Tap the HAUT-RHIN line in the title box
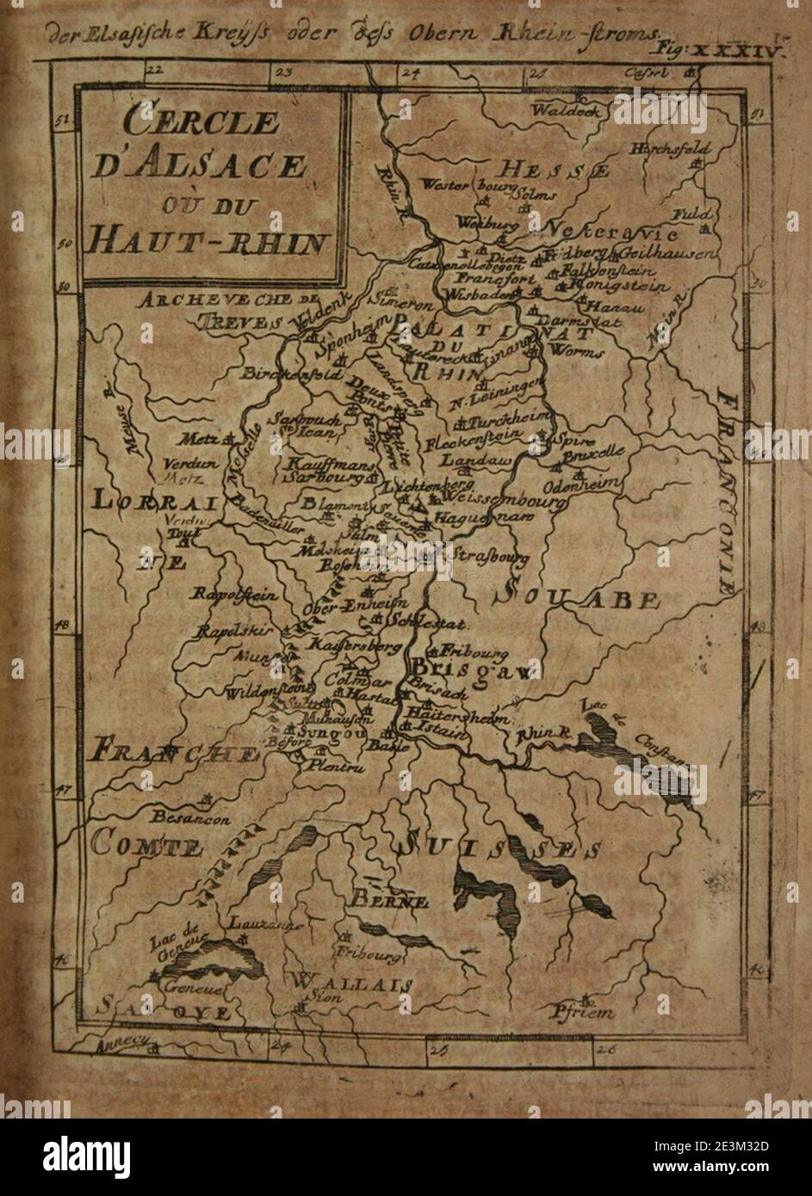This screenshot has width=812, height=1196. click(x=206, y=242)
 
